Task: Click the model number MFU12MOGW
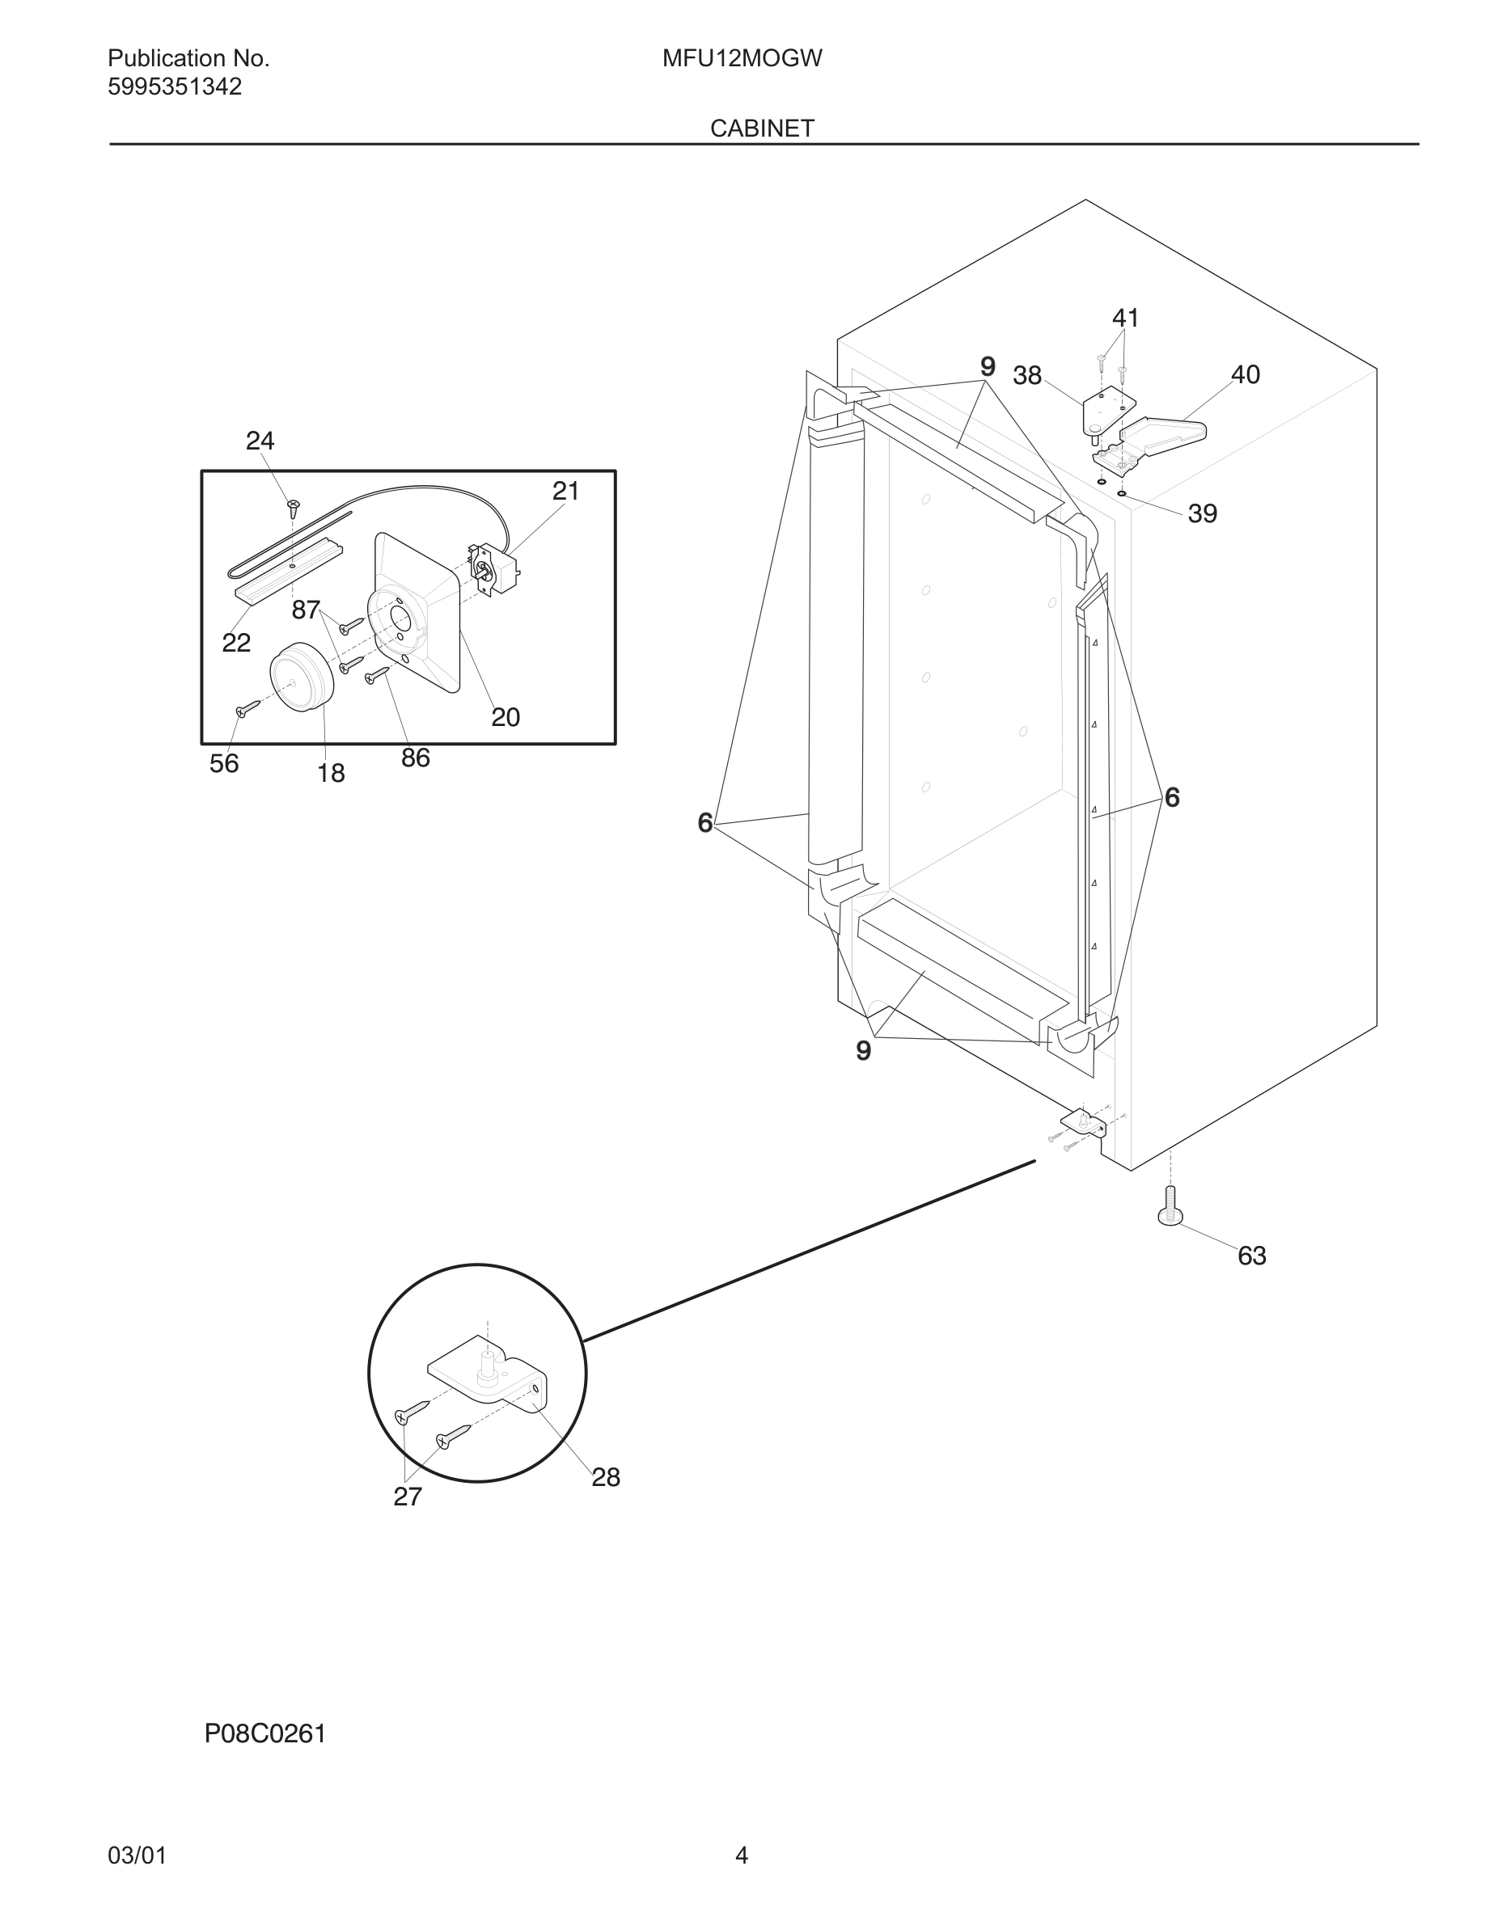pos(742,59)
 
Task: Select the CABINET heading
pos(762,129)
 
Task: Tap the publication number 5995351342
pos(174,87)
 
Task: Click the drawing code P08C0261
pos(264,1733)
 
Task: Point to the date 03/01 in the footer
pos(137,1855)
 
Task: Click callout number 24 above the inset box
pos(260,441)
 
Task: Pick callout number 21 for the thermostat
pos(565,491)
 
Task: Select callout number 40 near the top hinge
pos(1245,374)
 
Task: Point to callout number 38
pos(1026,376)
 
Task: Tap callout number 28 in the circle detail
pos(605,1477)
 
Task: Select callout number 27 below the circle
pos(408,1497)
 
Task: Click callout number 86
pos(415,758)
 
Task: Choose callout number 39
pos(1202,513)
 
